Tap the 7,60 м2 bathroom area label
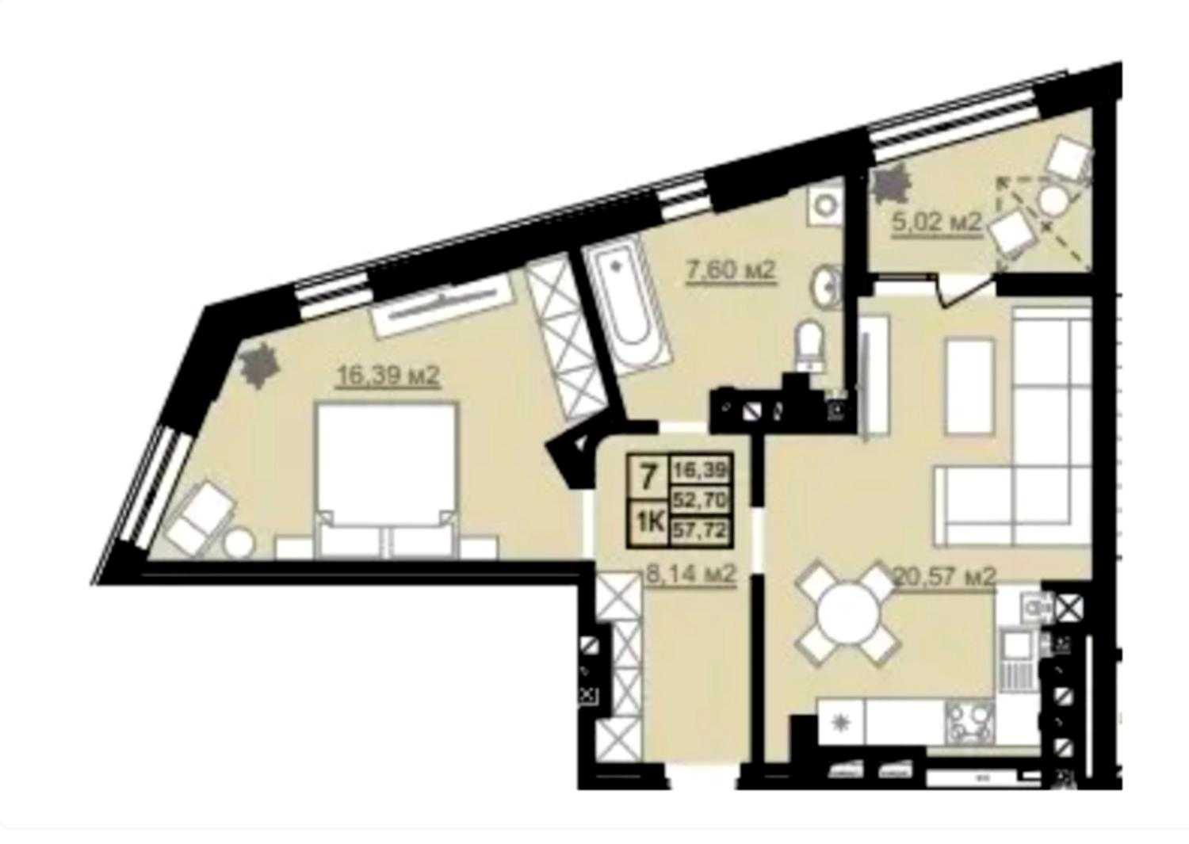pos(731,271)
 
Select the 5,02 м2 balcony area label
pos(936,222)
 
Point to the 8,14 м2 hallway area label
pos(691,575)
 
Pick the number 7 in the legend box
pos(647,477)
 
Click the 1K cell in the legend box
pos(649,523)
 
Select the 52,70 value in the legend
pos(700,499)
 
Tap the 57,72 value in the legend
pos(700,529)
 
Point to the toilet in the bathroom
pos(809,345)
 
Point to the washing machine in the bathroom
pos(825,204)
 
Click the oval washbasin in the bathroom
pos(826,287)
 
